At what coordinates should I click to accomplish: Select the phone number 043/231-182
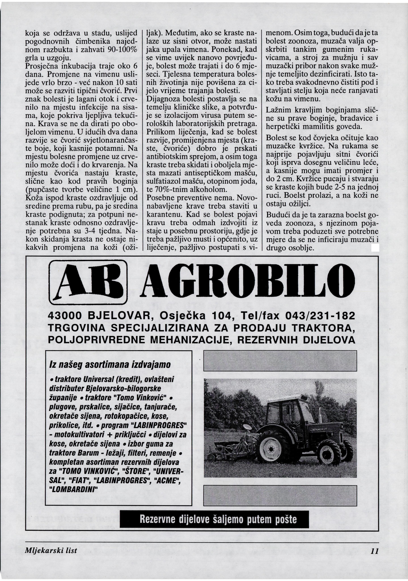tap(320, 316)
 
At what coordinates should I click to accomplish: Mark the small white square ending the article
tap(375, 248)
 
